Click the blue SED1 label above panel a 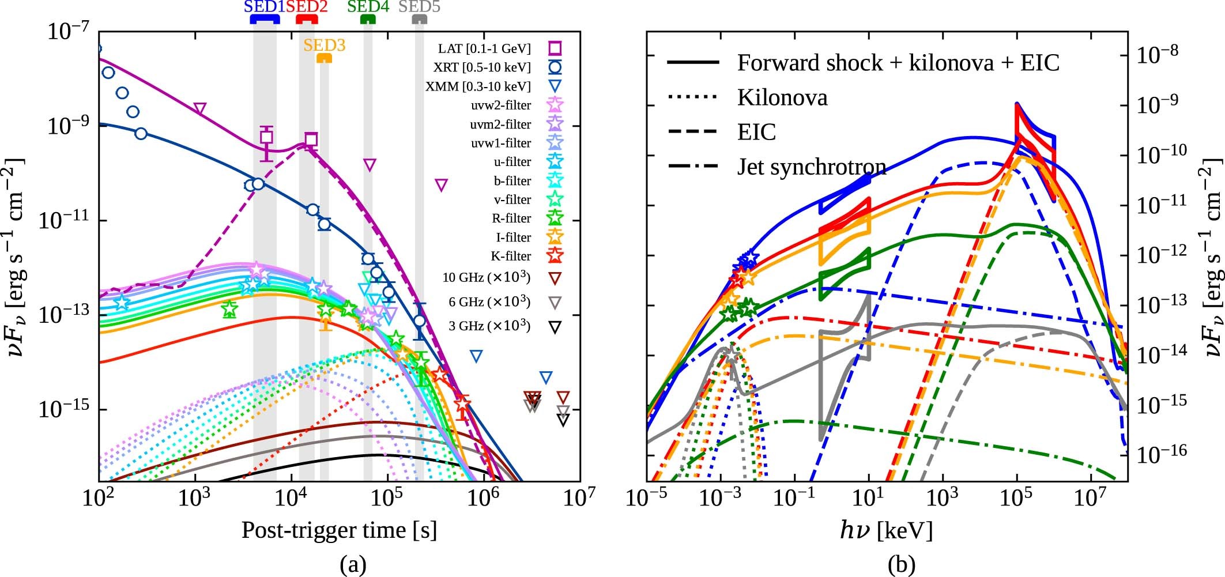[x=264, y=7]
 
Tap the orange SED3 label [x=324, y=45]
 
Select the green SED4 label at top [x=368, y=7]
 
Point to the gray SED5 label [x=419, y=7]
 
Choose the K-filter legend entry [x=512, y=256]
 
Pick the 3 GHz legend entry [x=489, y=326]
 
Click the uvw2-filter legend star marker [x=555, y=105]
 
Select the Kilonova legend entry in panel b [x=782, y=97]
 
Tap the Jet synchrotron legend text [x=811, y=167]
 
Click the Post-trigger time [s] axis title [x=339, y=530]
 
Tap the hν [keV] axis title [x=885, y=530]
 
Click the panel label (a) [x=353, y=564]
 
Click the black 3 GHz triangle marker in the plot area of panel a [x=563, y=420]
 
